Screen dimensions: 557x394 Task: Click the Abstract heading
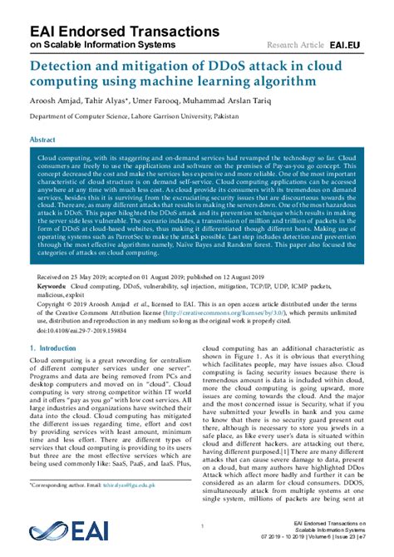point(43,140)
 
